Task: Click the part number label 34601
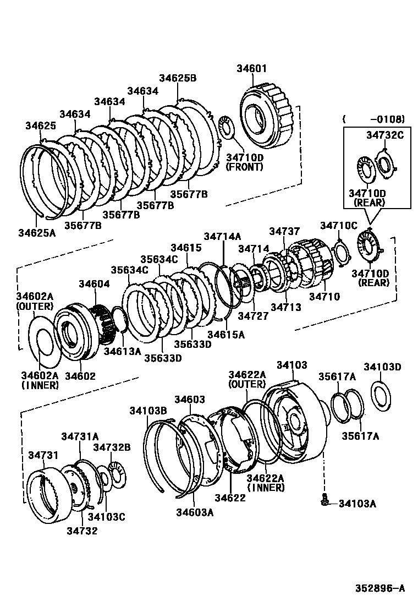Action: click(x=251, y=69)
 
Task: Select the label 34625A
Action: click(x=37, y=233)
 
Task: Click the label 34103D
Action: click(x=382, y=367)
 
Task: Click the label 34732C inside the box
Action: click(x=384, y=135)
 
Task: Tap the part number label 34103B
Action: click(x=148, y=410)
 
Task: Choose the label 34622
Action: click(x=230, y=498)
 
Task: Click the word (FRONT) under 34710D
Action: click(x=245, y=167)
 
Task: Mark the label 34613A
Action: click(x=122, y=351)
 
